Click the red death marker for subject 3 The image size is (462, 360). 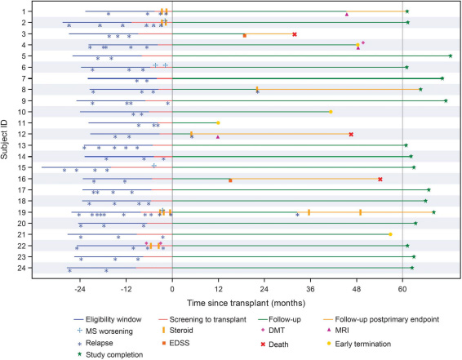point(295,34)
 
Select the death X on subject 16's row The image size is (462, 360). point(380,180)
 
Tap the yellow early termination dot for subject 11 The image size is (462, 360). point(218,122)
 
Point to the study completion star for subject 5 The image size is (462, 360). point(451,56)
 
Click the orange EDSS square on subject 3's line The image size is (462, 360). point(245,36)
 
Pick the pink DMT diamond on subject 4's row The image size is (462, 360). point(363,42)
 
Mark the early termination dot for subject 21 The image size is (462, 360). point(390,234)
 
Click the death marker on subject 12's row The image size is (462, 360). point(351,135)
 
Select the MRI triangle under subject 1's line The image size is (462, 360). point(347,15)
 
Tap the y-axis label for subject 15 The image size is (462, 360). point(25,167)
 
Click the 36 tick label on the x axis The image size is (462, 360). point(310,289)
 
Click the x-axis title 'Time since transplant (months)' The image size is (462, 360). point(246,303)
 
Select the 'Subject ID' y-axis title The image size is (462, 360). point(4,140)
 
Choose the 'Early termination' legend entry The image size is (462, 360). point(359,344)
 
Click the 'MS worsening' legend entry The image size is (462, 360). point(104,331)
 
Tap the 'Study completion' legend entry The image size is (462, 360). point(110,355)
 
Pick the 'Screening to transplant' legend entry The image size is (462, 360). point(202,319)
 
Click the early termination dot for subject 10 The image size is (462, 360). point(331,112)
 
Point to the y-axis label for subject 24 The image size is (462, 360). point(25,268)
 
